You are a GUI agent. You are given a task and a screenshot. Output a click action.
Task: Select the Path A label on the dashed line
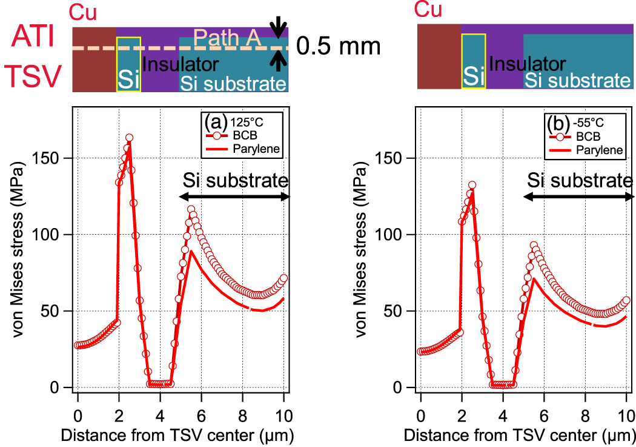point(232,39)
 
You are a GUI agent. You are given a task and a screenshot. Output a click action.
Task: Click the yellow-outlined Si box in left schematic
point(128,64)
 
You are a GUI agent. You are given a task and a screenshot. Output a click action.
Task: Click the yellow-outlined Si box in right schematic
point(473,61)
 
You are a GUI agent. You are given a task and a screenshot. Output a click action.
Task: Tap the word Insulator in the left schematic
point(181,64)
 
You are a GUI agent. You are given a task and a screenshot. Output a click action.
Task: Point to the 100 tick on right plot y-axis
point(401,234)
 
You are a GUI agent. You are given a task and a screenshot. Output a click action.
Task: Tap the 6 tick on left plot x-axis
point(201,401)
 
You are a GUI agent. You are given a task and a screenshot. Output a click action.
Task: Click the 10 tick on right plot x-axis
point(624,401)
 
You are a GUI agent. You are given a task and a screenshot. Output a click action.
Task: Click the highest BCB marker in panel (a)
point(129,138)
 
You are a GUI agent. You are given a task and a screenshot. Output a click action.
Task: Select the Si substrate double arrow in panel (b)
point(578,197)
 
